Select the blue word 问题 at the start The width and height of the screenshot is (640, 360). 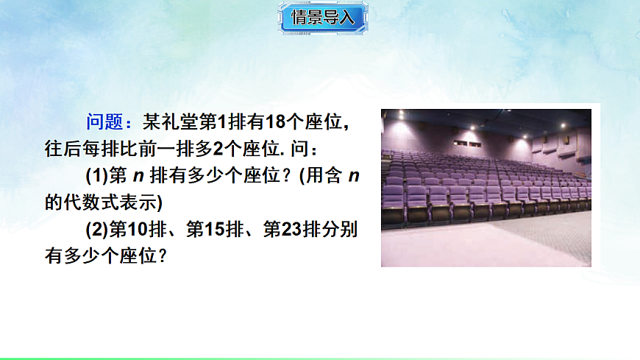point(104,121)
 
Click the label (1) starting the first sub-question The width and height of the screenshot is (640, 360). point(97,177)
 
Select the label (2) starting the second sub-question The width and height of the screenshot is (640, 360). point(97,230)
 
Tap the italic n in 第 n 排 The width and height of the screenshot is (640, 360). point(137,177)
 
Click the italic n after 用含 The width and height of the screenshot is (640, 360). point(353,177)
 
